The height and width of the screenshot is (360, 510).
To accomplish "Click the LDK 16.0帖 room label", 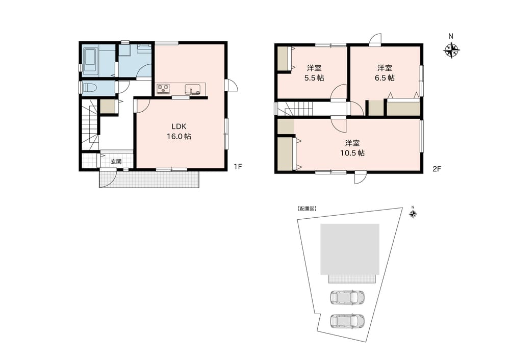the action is (x=179, y=132).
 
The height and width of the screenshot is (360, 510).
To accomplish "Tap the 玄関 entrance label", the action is (x=116, y=161).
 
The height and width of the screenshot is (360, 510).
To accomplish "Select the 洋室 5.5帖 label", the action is (x=314, y=73).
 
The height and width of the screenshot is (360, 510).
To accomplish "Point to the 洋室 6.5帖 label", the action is (x=385, y=73).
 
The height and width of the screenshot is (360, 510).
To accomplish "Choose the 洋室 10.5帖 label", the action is (x=352, y=148).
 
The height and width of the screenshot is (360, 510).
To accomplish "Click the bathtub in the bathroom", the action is (x=90, y=61).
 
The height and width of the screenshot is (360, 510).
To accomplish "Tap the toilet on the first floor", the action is (x=90, y=88).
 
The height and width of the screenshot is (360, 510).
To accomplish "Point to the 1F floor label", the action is (x=238, y=167).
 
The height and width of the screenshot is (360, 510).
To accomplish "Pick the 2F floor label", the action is (x=437, y=169).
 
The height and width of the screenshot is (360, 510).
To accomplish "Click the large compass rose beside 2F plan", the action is (x=451, y=50).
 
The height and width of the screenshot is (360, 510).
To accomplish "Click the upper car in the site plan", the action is (x=347, y=297).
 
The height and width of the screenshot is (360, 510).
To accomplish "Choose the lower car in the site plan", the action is (x=347, y=321).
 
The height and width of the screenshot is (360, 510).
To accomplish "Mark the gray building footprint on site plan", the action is (x=350, y=249).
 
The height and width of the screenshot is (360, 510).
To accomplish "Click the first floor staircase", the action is (x=90, y=125).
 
